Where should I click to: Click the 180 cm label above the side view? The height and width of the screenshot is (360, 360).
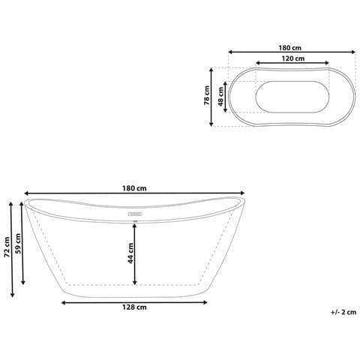click(x=135, y=188)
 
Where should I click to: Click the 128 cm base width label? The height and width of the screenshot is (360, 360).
click(x=135, y=308)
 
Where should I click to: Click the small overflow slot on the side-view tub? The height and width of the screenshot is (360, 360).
click(x=135, y=213)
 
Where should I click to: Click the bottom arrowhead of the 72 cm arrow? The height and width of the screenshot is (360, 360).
click(x=11, y=295)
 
